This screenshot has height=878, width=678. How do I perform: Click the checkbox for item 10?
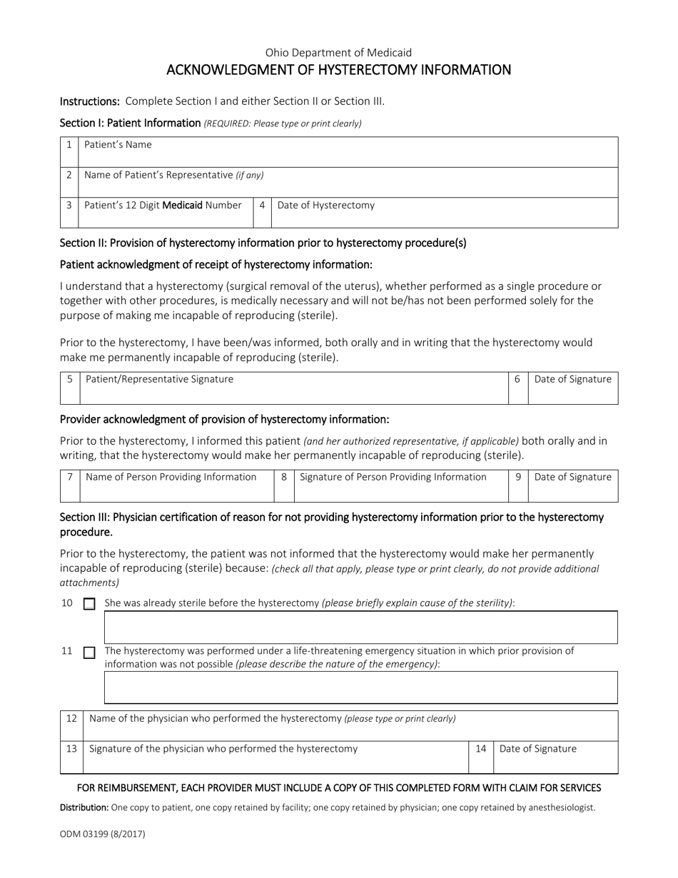click(89, 604)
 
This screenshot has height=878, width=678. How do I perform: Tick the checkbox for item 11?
click(89, 652)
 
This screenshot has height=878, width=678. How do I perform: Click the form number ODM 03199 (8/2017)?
click(102, 833)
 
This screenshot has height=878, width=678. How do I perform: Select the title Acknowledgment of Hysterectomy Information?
click(338, 70)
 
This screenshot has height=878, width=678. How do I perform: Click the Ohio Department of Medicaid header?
click(338, 52)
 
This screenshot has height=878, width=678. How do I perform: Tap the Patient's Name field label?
click(118, 145)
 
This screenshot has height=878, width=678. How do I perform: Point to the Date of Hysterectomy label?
click(325, 206)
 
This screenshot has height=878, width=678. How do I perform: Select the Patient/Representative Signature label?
click(159, 379)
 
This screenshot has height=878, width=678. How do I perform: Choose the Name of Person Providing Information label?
click(171, 477)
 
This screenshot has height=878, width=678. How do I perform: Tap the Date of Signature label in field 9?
click(572, 477)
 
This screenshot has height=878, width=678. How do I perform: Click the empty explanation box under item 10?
click(360, 627)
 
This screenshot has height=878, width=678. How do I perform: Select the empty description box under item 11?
click(360, 687)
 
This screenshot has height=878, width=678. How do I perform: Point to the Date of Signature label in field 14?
click(537, 749)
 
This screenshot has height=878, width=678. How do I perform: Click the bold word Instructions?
click(89, 101)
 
